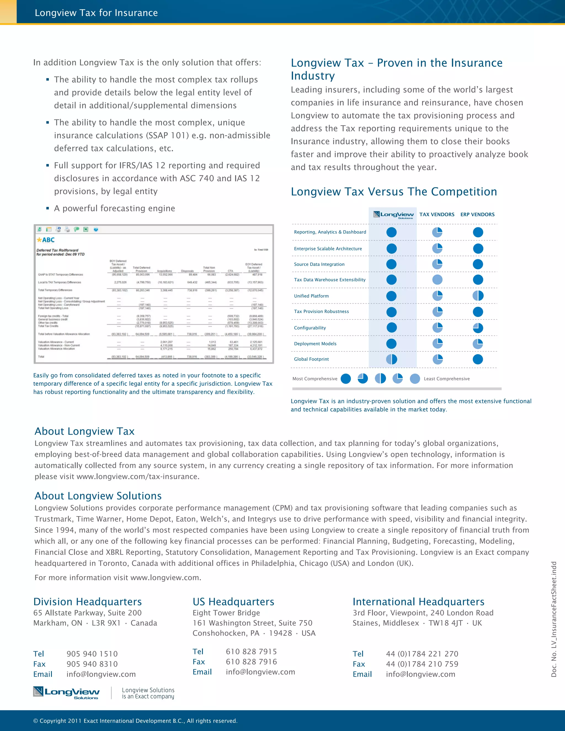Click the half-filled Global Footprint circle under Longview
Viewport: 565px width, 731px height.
click(x=391, y=359)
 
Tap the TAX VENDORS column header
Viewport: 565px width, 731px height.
click(x=437, y=215)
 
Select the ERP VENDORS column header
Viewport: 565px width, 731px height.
click(x=477, y=215)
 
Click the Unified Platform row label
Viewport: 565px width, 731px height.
click(x=311, y=296)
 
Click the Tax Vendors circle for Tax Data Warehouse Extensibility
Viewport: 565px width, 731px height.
click(x=437, y=280)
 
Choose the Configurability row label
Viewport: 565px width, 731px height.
click(x=310, y=328)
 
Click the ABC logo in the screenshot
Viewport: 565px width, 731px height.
click(x=46, y=240)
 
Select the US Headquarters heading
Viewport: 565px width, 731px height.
click(x=233, y=601)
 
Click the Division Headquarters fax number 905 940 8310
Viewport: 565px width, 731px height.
click(x=92, y=664)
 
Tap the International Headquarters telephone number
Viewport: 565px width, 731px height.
click(x=422, y=654)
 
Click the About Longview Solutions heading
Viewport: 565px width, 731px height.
click(x=98, y=496)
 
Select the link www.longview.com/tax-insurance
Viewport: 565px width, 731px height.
click(x=138, y=477)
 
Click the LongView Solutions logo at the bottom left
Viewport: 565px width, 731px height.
click(x=66, y=692)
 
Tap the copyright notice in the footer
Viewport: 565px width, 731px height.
click(x=135, y=721)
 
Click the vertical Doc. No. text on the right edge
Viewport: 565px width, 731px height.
click(x=554, y=619)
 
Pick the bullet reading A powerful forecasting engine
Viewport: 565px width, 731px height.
click(x=114, y=209)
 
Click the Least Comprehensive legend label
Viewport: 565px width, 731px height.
click(x=447, y=378)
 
